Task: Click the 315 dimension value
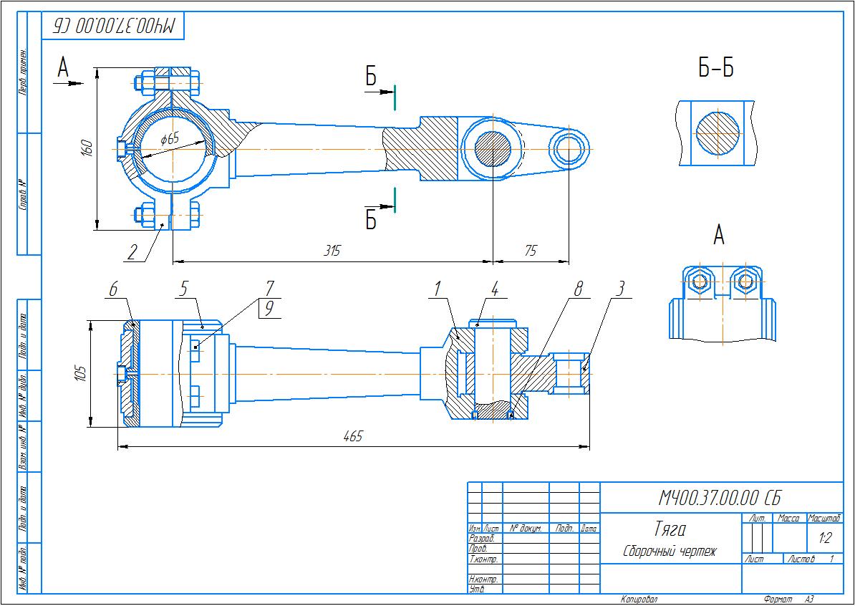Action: [332, 251]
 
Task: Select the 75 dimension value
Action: [531, 251]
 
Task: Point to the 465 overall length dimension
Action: [353, 436]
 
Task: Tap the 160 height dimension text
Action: [87, 148]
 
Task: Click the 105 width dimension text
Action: [80, 372]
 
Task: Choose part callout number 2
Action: [132, 252]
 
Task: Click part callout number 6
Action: [112, 288]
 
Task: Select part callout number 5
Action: [183, 288]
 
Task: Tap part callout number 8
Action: [579, 288]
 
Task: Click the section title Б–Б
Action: [716, 68]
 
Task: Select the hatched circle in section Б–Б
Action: [718, 133]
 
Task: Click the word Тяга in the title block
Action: [670, 529]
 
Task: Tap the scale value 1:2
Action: [824, 537]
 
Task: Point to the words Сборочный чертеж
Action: [669, 552]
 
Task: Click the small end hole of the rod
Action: [569, 148]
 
